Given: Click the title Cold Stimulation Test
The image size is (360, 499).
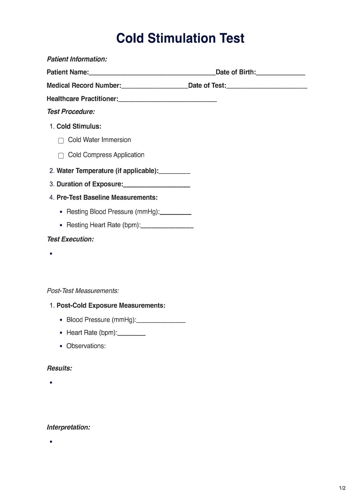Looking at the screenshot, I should [x=180, y=38].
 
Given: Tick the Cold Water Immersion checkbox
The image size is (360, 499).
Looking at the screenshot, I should [x=61, y=141].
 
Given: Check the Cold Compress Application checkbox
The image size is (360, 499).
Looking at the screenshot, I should [x=61, y=156].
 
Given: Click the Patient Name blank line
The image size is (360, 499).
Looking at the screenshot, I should [x=152, y=73].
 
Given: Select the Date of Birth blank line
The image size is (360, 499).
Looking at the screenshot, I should [x=280, y=73].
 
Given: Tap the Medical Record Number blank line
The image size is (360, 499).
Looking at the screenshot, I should [x=155, y=86].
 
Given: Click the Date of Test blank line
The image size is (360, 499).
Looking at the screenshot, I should [x=266, y=86].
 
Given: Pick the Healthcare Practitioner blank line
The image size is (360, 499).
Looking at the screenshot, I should [x=167, y=99].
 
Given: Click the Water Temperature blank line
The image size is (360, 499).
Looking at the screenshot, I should [x=174, y=171].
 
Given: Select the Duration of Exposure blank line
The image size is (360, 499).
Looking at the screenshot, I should [x=156, y=185].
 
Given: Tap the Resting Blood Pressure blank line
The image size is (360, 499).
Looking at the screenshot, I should [x=176, y=212].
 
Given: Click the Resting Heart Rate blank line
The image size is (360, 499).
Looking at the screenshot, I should [x=167, y=226].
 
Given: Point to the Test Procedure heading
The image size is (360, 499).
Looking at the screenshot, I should [x=71, y=112].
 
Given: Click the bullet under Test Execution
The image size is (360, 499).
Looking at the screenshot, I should [x=51, y=253].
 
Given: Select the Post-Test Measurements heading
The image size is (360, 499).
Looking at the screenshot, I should [x=83, y=291].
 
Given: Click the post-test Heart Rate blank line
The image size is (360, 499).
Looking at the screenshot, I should [x=131, y=333].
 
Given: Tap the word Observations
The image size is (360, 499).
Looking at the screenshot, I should [x=86, y=346].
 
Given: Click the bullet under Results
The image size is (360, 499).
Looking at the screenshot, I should [x=51, y=382].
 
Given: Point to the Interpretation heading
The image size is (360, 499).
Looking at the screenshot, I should [x=68, y=427].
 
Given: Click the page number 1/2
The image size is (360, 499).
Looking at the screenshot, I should [x=342, y=488].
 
